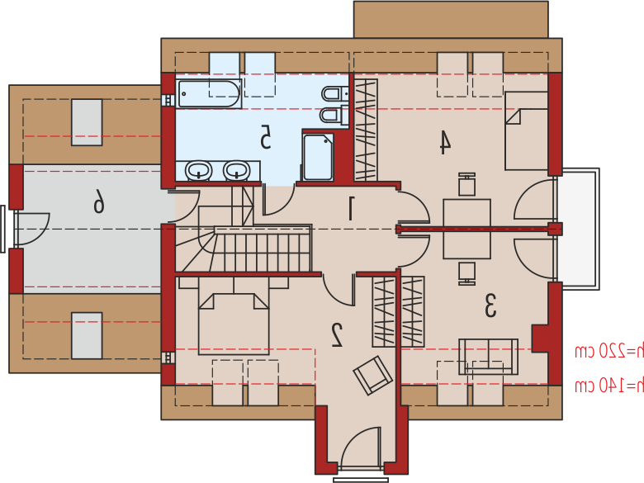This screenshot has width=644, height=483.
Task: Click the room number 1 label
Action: [351, 208]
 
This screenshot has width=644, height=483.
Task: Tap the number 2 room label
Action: [337, 335]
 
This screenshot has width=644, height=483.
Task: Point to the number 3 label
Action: [490, 305]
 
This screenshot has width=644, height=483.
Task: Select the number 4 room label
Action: [445, 142]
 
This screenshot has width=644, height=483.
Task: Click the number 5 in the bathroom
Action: [266, 137]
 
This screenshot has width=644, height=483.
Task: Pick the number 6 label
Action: [98, 201]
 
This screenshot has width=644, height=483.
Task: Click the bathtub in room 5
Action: [209, 93]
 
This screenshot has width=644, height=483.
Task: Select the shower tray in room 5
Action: [318, 157]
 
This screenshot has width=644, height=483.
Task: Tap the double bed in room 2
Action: [234, 324]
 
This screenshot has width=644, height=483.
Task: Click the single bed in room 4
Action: [526, 131]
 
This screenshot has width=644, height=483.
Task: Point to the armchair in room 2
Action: [373, 376]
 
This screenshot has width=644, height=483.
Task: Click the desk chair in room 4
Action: [466, 184]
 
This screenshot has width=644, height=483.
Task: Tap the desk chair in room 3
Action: [467, 273]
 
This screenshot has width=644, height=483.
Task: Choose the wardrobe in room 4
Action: [366, 130]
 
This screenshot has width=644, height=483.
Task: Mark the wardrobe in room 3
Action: [413, 312]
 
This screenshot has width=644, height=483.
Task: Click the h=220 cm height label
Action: [609, 351]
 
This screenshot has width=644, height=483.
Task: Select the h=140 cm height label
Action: [609, 386]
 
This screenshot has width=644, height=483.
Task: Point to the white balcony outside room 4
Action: [578, 229]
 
